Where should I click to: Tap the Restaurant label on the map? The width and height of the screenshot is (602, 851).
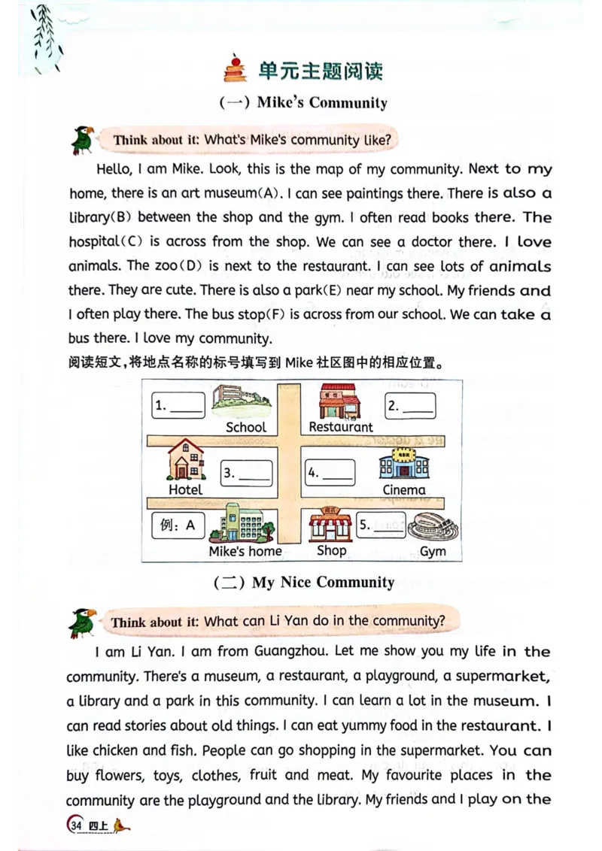[x=340, y=427]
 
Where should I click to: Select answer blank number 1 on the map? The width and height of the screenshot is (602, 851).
[x=178, y=405]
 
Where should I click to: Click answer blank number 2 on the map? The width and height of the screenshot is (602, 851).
[x=410, y=405]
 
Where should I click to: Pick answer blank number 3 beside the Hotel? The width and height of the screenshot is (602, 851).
[x=246, y=473]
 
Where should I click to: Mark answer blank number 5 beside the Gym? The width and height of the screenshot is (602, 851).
[x=380, y=525]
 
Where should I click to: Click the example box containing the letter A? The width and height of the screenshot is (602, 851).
[x=178, y=525]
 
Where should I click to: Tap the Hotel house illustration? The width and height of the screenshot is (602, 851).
[x=184, y=459]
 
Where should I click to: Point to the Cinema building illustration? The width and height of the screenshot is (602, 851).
[x=404, y=465]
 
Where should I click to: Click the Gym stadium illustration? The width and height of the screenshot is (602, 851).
[x=433, y=526]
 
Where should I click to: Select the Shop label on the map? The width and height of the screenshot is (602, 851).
[x=331, y=550]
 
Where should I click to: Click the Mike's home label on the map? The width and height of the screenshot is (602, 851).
[x=245, y=551]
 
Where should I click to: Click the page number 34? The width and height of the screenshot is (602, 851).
[x=75, y=825]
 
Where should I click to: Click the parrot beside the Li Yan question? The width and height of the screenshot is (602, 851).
[x=82, y=622]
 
